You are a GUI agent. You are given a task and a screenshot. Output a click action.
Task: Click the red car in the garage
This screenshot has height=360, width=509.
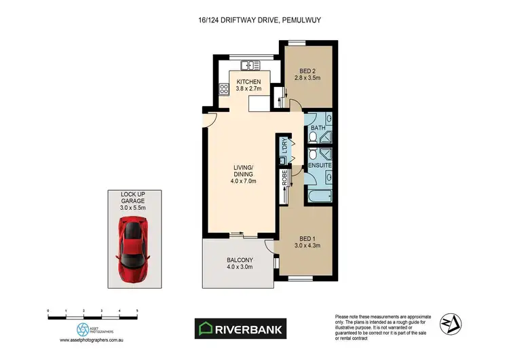(134, 249)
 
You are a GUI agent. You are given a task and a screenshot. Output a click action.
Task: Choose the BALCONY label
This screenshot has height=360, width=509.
(239, 263)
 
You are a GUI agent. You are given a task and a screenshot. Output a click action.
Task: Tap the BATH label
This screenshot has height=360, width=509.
(317, 128)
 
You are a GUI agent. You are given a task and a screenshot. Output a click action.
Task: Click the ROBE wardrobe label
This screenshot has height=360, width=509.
(284, 179)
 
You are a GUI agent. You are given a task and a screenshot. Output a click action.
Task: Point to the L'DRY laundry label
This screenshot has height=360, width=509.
(284, 145)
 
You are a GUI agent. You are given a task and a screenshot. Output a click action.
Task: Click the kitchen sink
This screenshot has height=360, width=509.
(249, 65)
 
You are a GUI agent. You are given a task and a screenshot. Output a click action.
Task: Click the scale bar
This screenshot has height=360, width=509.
(93, 314)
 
